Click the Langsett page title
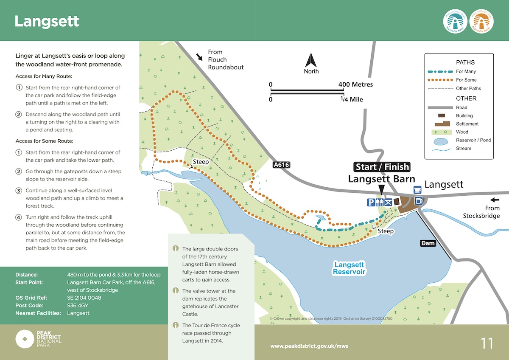[47, 21]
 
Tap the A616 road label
[281, 165]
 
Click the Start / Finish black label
[382, 166]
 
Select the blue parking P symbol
[371, 202]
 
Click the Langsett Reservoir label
[349, 268]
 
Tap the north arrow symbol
[311, 59]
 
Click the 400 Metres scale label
[356, 84]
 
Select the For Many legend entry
[466, 71]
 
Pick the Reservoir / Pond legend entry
[473, 140]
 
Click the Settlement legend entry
[467, 124]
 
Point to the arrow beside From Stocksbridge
[494, 200]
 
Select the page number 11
[487, 343]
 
